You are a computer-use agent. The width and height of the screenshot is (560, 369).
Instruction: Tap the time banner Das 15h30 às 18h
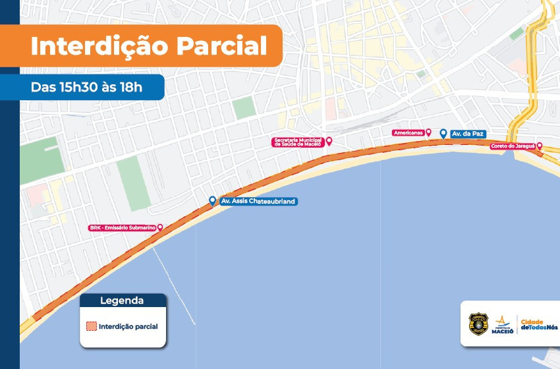(x=86, y=86)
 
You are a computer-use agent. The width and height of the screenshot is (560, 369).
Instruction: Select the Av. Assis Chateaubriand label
(x=258, y=201)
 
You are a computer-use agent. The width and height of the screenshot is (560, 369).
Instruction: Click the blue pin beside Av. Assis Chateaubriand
(x=211, y=200)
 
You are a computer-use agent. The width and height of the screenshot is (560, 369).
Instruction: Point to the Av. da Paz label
(x=464, y=134)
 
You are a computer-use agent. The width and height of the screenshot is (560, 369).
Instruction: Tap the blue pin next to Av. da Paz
(x=443, y=133)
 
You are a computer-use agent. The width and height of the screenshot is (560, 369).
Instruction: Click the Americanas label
(x=408, y=132)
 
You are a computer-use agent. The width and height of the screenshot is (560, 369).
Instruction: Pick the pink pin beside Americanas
(x=429, y=132)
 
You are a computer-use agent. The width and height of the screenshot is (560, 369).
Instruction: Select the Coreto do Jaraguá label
(x=513, y=146)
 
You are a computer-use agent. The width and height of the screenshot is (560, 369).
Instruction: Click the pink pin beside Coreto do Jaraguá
(x=540, y=146)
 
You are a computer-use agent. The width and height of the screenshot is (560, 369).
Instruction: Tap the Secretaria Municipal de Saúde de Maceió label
(x=296, y=142)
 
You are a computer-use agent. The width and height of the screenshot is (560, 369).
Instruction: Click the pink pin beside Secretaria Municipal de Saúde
(x=329, y=141)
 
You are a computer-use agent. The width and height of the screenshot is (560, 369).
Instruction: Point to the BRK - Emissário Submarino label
(x=122, y=227)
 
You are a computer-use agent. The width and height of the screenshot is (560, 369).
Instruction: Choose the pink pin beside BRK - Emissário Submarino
(x=159, y=227)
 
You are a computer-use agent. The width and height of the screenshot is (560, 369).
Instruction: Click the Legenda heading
(x=122, y=301)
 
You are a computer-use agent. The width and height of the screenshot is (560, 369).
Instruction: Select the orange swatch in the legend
(x=92, y=326)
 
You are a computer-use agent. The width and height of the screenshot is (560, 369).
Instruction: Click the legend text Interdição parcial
(x=128, y=326)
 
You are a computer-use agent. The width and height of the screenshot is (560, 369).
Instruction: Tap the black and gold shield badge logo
(x=478, y=324)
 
